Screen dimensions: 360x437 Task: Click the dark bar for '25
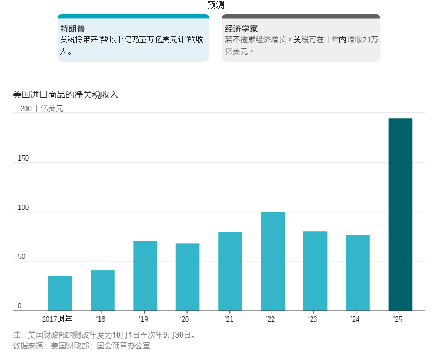click(x=400, y=214)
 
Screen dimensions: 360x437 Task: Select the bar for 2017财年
click(x=60, y=293)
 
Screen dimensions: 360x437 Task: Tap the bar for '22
click(x=272, y=261)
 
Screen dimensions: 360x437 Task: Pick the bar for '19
click(x=145, y=275)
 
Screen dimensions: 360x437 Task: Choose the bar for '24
click(x=358, y=272)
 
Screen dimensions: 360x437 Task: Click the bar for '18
click(x=102, y=290)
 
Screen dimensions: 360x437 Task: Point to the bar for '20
click(x=187, y=276)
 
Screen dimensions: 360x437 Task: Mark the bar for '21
click(x=230, y=271)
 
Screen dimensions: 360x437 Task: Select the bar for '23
click(x=315, y=271)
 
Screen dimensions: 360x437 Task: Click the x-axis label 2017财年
click(x=58, y=319)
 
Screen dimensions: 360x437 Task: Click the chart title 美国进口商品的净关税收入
click(x=65, y=94)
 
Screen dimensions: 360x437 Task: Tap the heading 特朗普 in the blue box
click(x=73, y=28)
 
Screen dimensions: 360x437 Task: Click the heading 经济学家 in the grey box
click(x=241, y=28)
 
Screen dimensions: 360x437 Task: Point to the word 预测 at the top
click(x=216, y=5)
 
